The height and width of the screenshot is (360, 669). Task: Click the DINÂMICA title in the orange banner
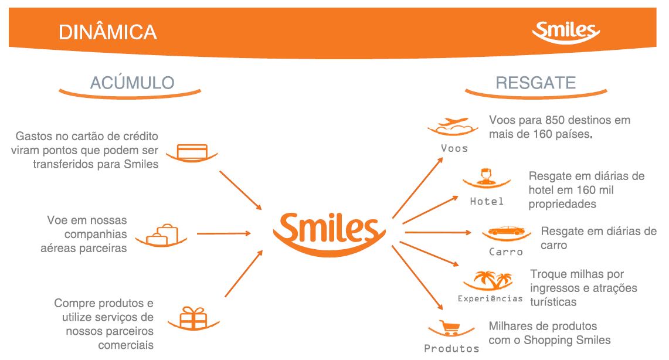click(107, 32)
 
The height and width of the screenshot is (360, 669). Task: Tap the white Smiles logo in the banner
click(566, 32)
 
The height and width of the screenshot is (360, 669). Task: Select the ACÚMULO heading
click(133, 82)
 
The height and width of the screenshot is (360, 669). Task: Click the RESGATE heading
click(535, 83)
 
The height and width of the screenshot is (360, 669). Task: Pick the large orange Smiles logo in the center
click(329, 234)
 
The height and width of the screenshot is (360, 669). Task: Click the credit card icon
click(192, 152)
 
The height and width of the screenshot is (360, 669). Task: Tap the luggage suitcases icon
click(161, 235)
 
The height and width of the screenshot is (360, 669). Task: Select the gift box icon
click(193, 318)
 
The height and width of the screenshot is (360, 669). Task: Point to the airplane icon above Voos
click(453, 126)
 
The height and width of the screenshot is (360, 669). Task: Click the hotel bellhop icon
click(487, 178)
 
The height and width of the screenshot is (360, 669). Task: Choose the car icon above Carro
click(507, 233)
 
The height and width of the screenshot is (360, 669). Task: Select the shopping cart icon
click(451, 328)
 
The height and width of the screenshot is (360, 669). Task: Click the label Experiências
click(490, 298)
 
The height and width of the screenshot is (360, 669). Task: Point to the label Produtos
click(451, 348)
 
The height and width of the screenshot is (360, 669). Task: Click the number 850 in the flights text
click(555, 120)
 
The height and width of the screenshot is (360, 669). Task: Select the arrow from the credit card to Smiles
click(240, 190)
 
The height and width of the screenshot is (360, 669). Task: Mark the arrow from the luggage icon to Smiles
click(223, 233)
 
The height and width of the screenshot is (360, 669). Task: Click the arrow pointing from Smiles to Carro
click(438, 232)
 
